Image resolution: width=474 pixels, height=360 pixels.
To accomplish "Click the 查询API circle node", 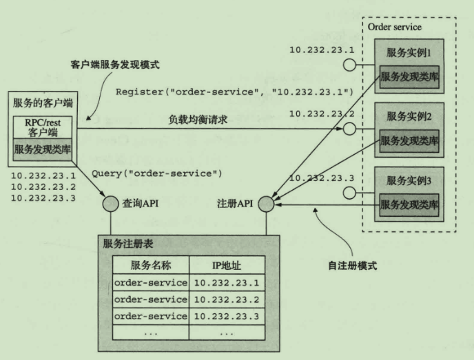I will point(110,203).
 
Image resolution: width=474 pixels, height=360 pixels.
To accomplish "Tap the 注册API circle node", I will point(267,203).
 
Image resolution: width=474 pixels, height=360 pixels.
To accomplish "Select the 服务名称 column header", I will point(151,264).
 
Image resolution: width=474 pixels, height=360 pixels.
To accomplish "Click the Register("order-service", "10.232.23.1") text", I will point(234,92).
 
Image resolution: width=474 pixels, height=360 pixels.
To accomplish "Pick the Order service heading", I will point(393,28).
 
